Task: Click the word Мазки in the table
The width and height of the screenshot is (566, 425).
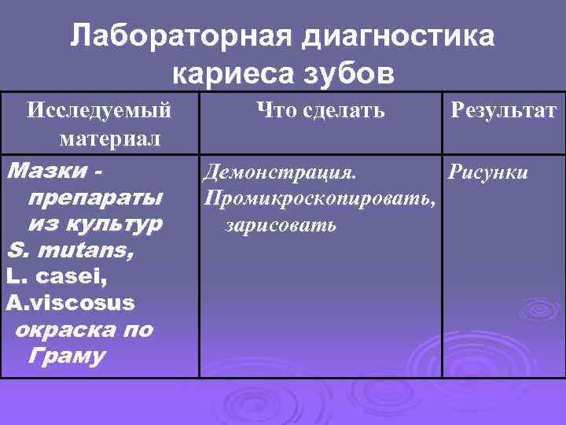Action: pyautogui.click(x=44, y=171)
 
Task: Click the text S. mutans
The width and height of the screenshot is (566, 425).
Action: pyautogui.click(x=70, y=251)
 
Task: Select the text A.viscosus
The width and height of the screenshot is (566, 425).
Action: pyautogui.click(x=70, y=303)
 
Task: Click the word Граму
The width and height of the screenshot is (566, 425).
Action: pyautogui.click(x=66, y=357)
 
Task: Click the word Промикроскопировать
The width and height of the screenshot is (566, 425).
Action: pyautogui.click(x=318, y=199)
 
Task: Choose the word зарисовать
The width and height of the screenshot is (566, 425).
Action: pyautogui.click(x=281, y=225)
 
